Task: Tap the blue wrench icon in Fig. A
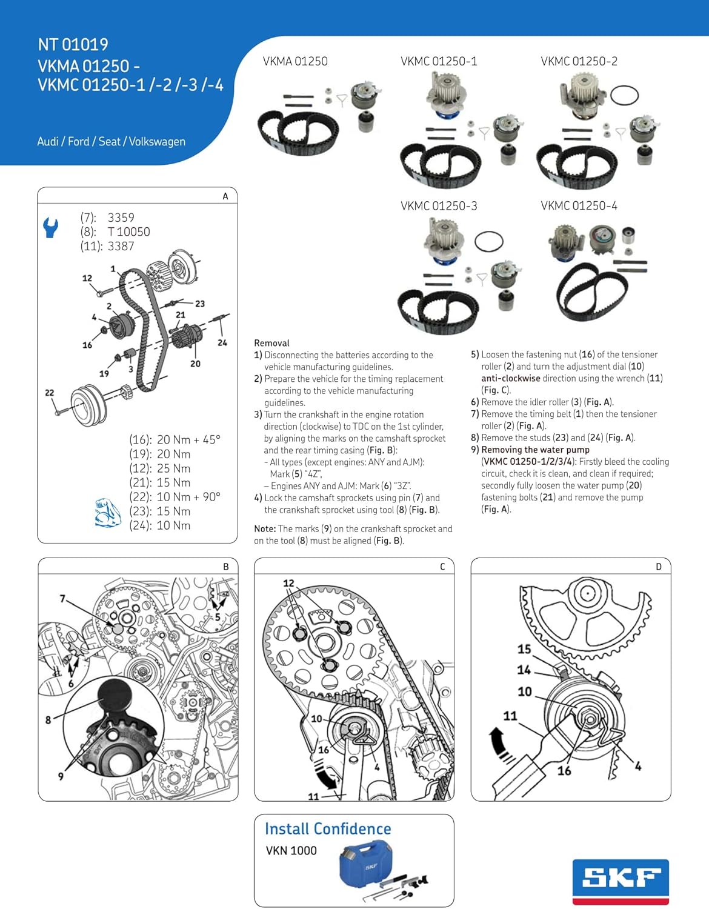click(50, 227)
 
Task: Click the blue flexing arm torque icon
click(108, 513)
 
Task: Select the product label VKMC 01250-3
click(439, 206)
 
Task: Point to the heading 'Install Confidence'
click(328, 828)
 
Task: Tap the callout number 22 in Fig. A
click(49, 393)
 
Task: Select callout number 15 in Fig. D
click(524, 649)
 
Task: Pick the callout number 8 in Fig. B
click(48, 720)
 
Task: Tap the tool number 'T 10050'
click(128, 231)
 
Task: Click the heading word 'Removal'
click(271, 343)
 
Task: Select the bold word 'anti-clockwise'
click(510, 378)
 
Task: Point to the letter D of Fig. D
click(659, 567)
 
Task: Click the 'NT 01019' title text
click(73, 44)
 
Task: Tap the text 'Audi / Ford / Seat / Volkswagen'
click(112, 141)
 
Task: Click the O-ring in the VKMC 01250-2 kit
click(624, 95)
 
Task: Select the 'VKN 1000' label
click(291, 851)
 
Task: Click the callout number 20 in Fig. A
click(195, 364)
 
